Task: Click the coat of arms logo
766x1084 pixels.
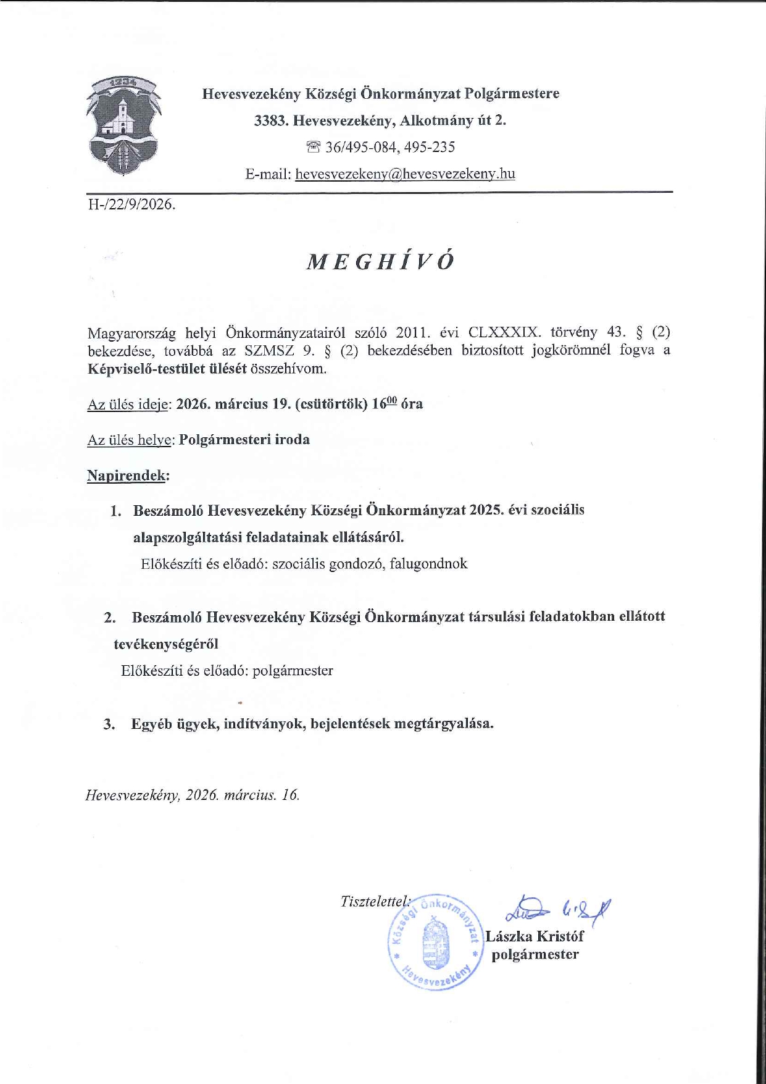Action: [x=123, y=127]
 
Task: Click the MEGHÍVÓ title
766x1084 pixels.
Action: [x=381, y=262]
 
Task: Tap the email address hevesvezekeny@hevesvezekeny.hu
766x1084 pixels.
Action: [x=405, y=174]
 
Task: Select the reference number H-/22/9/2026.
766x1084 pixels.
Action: [x=131, y=204]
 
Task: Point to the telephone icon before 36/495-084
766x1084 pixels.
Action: [x=314, y=147]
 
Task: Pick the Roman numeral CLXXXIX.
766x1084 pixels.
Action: [x=502, y=332]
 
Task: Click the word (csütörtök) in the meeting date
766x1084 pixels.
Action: [x=331, y=404]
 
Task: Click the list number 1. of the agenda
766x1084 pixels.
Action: [x=115, y=511]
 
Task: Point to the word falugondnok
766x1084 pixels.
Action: [x=428, y=563]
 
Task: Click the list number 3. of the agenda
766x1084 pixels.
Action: [x=109, y=724]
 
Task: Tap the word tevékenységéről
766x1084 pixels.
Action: [x=166, y=644]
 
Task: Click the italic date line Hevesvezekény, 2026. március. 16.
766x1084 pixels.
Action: [x=193, y=795]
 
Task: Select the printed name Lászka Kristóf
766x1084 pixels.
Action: [x=535, y=936]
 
